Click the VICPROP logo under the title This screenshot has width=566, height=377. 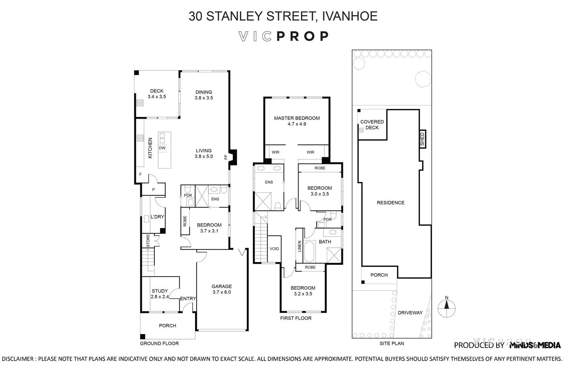[x=283, y=36]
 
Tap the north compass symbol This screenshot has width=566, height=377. [x=447, y=307]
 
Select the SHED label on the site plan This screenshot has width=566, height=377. [x=422, y=139]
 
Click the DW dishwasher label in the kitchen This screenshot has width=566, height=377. [x=162, y=148]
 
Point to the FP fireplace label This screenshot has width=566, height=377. [x=226, y=157]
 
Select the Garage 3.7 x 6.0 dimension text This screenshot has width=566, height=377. [x=221, y=292]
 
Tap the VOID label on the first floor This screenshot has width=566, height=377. [x=274, y=249]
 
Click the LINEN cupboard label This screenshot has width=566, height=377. [x=300, y=246]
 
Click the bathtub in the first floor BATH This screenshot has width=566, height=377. [x=309, y=252]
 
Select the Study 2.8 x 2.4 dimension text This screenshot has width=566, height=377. [x=160, y=297]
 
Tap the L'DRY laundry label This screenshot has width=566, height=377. [x=157, y=217]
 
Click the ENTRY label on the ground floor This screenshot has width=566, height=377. [x=188, y=299]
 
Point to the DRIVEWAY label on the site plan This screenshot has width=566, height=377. [x=410, y=313]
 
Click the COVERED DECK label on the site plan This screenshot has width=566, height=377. [x=372, y=125]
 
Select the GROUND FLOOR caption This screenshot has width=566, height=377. [x=159, y=343]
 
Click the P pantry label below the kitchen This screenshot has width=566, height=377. [x=154, y=190]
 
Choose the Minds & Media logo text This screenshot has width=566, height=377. [x=535, y=345]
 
